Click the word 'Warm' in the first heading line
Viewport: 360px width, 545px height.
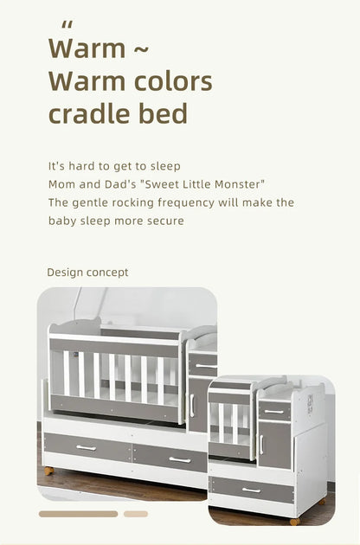point(87,48)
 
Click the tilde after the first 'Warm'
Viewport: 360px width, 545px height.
point(142,49)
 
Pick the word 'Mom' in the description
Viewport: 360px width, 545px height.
point(61,184)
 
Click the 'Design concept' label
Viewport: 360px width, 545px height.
point(87,272)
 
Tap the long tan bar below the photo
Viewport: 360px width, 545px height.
point(78,514)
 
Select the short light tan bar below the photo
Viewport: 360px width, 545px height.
point(136,514)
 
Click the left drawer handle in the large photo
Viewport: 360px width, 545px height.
point(86,447)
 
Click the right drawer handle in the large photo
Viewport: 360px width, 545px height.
point(179,459)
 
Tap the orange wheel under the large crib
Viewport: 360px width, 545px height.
point(48,470)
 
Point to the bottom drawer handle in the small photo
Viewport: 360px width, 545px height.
point(251,490)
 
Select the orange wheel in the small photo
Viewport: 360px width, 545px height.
point(295,522)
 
